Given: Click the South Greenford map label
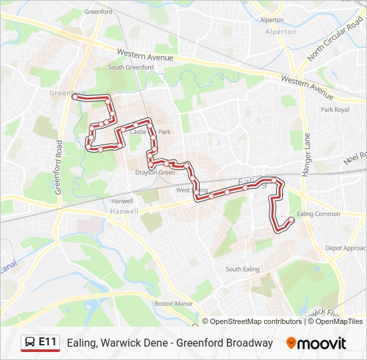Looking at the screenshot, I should pyautogui.click(x=131, y=67).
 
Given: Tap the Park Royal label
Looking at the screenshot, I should pyautogui.click(x=334, y=109).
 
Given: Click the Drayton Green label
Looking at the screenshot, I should pyautogui.click(x=155, y=173).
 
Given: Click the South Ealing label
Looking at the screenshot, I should pyautogui.click(x=242, y=269).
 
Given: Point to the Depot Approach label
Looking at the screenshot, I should pyautogui.click(x=345, y=248).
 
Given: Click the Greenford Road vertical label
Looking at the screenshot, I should pyautogui.click(x=59, y=167).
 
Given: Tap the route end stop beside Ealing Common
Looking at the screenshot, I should pyautogui.click(x=291, y=220).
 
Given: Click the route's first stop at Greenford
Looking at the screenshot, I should pyautogui.click(x=74, y=97).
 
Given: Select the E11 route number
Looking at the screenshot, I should pyautogui.click(x=47, y=342).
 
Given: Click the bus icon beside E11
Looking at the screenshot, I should pyautogui.click(x=30, y=343).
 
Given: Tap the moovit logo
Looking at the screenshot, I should pyautogui.click(x=316, y=343).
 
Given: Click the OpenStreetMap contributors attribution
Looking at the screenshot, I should pyautogui.click(x=256, y=321).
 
